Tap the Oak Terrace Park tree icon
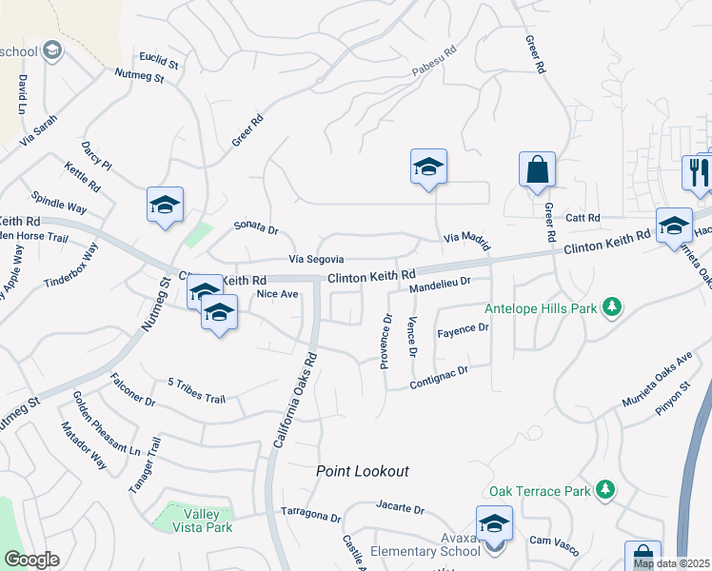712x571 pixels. click(604, 490)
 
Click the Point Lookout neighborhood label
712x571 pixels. click(363, 471)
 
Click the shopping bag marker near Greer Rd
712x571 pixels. click(537, 170)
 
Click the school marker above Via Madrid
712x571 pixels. click(429, 167)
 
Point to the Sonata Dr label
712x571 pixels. click(256, 229)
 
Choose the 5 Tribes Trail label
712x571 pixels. click(196, 391)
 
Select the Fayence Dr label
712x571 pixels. click(462, 329)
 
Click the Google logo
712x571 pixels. click(30, 559)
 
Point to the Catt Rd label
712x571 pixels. click(582, 218)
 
